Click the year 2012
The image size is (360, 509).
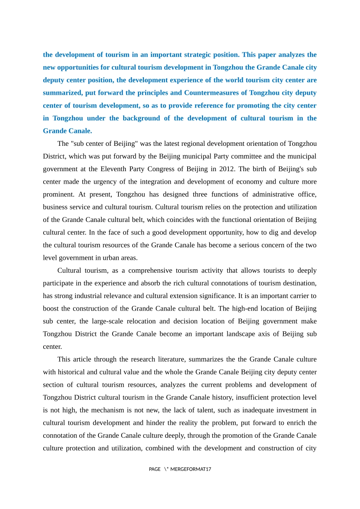[227, 169]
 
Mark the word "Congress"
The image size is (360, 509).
[178, 169]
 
